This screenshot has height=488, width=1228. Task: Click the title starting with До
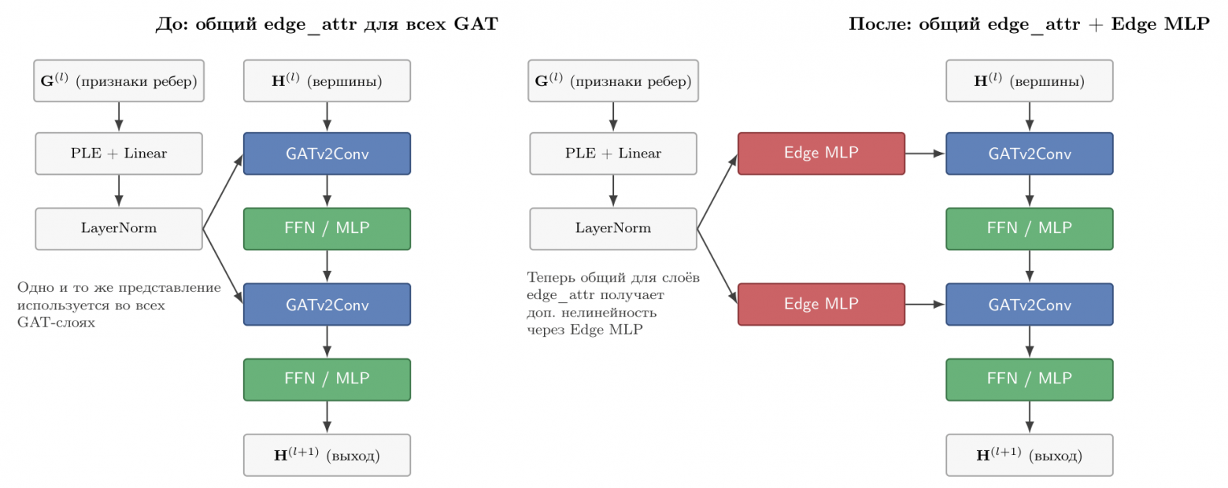pyautogui.click(x=327, y=24)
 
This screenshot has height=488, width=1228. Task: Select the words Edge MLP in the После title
pyautogui.click(x=1160, y=24)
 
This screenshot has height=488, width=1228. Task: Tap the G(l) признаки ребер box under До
pyautogui.click(x=119, y=81)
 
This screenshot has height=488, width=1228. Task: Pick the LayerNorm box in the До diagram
pyautogui.click(x=119, y=228)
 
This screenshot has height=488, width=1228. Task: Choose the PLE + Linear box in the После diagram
pyautogui.click(x=613, y=153)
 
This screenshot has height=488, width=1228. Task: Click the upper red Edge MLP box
pyautogui.click(x=821, y=153)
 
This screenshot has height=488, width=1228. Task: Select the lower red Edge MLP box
pyautogui.click(x=821, y=305)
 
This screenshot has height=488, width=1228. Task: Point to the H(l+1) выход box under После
pyautogui.click(x=1030, y=455)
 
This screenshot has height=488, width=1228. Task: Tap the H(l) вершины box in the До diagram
pyautogui.click(x=327, y=81)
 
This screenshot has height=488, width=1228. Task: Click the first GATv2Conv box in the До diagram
pyautogui.click(x=327, y=153)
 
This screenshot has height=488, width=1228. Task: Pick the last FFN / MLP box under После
pyautogui.click(x=1030, y=379)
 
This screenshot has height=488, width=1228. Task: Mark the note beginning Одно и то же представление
pyautogui.click(x=119, y=305)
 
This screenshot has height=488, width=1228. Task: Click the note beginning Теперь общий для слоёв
pyautogui.click(x=613, y=303)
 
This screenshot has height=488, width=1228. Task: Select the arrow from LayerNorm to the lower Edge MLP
pyautogui.click(x=717, y=267)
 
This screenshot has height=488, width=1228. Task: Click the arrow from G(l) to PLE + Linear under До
pyautogui.click(x=119, y=116)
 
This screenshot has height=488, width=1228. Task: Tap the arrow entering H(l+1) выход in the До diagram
pyautogui.click(x=327, y=417)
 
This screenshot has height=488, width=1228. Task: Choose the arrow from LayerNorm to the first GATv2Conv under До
pyautogui.click(x=223, y=191)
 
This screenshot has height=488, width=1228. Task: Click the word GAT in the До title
pyautogui.click(x=475, y=24)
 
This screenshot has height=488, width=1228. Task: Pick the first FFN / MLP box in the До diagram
pyautogui.click(x=327, y=228)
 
